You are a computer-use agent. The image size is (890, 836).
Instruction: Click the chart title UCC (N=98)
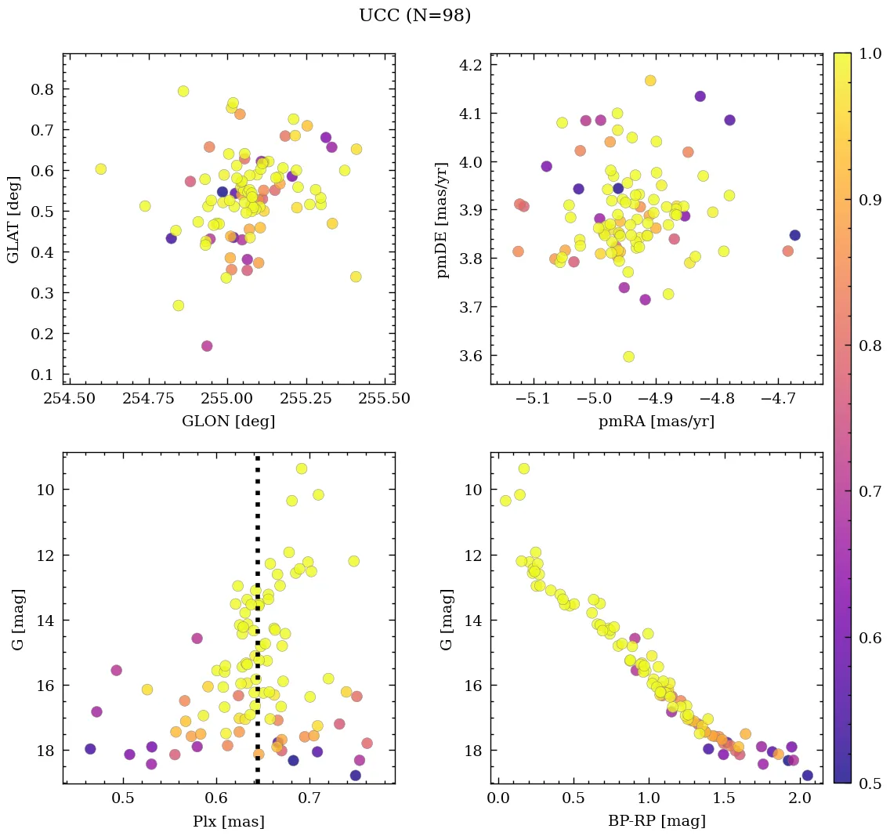[x=414, y=16]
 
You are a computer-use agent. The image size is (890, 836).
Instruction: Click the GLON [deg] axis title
[x=228, y=422]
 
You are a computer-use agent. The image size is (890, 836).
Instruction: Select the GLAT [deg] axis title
[x=13, y=219]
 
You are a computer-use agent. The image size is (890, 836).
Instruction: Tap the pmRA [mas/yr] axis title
[x=657, y=422]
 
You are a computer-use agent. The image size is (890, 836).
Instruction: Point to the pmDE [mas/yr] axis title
[x=443, y=219]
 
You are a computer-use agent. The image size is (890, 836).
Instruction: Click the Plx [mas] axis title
[x=228, y=821]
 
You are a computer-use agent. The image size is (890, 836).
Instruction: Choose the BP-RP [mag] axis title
[x=657, y=821]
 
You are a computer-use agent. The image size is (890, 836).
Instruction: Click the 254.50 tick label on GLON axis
[x=70, y=400]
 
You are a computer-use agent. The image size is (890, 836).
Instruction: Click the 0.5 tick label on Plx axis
[x=125, y=799]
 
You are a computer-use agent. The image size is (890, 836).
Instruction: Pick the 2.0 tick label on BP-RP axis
[x=799, y=799]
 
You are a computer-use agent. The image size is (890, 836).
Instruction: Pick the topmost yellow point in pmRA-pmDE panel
[x=650, y=81]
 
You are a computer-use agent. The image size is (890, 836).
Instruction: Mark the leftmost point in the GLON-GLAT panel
[x=100, y=169]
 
